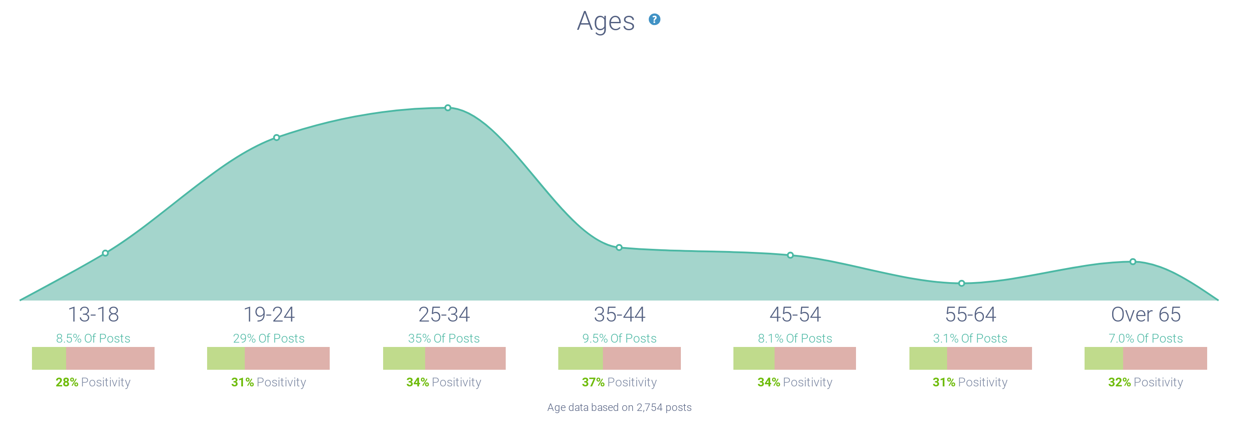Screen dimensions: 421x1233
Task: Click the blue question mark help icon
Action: coord(654,20)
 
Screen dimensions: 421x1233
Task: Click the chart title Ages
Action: coord(606,21)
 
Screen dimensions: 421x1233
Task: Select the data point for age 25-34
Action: coord(447,108)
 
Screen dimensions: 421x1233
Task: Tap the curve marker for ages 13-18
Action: coord(105,253)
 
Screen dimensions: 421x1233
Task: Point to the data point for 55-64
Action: coord(961,283)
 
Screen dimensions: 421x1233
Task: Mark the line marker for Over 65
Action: coord(1132,262)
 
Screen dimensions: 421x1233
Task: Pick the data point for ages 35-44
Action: coord(619,248)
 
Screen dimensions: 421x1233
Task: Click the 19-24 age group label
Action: coord(269,315)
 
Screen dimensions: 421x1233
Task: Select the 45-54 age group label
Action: coord(795,315)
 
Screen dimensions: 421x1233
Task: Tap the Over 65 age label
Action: coord(1145,315)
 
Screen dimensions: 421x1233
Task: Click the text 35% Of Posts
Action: coord(444,338)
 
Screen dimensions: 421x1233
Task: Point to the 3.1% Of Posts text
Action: coord(970,338)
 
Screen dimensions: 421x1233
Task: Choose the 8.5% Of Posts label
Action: coord(93,338)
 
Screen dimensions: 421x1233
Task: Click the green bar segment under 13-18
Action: coord(49,358)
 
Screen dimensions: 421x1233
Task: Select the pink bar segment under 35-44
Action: coord(641,358)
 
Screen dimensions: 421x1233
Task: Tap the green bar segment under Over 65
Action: coord(1104,358)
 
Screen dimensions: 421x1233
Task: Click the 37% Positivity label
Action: coord(619,382)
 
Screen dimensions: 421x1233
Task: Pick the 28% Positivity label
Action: coord(93,382)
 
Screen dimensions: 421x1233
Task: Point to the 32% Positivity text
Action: coord(1145,382)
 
